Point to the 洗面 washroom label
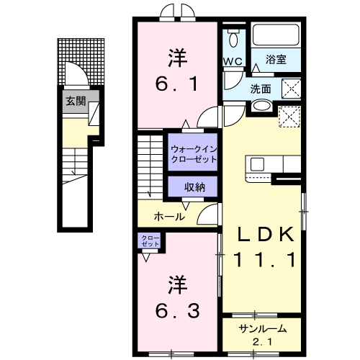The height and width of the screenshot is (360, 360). tap(261, 89)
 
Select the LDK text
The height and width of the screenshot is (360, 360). tap(266, 234)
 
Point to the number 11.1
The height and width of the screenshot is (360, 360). tap(266, 261)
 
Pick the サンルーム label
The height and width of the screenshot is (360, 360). tap(263, 328)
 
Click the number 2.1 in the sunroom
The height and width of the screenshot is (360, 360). tap(263, 341)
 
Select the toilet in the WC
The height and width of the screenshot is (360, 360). tap(233, 39)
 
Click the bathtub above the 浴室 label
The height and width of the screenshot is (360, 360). tap(277, 37)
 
